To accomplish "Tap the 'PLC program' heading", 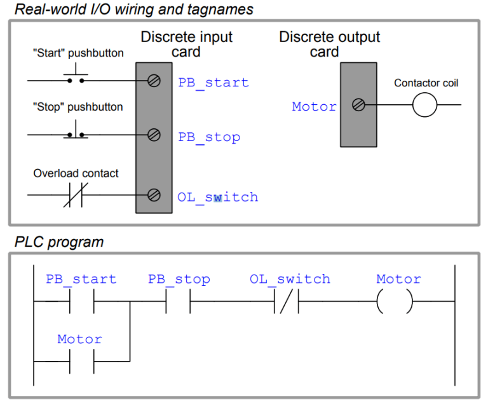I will point(58,242).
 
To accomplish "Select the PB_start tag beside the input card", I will point(213,83).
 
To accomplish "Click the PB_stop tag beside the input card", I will point(209,137).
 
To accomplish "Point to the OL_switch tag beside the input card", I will point(217,197).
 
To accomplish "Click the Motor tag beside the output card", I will point(314,107).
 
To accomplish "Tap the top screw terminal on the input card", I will point(153,81).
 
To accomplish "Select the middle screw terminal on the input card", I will point(153,135).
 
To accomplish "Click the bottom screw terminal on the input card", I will point(153,195).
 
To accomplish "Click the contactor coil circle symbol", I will point(424,105).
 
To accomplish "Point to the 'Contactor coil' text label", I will point(426,83).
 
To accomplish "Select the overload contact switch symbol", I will point(76,194).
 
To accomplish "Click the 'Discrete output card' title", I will point(329,44).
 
